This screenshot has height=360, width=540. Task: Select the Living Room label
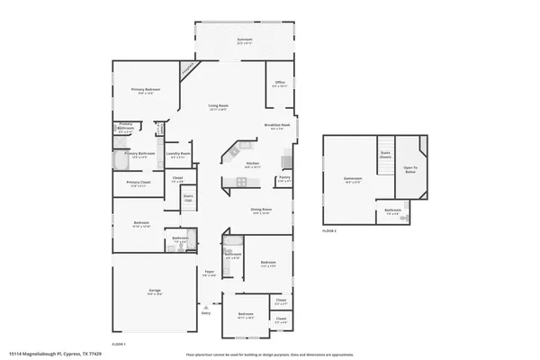coord(219,105)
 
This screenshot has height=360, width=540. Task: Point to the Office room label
coord(280,85)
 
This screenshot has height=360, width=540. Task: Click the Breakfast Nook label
coord(277,125)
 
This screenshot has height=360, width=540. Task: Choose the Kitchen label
coord(253,165)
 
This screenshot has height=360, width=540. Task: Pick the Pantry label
coord(284,179)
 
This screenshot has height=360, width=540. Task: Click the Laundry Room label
coord(178,155)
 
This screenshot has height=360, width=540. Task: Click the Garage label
coord(155,304)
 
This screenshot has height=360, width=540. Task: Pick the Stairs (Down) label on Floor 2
coord(385,153)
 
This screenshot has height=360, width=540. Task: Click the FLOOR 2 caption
coord(329,231)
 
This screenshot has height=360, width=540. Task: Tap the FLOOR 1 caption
coord(118,344)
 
